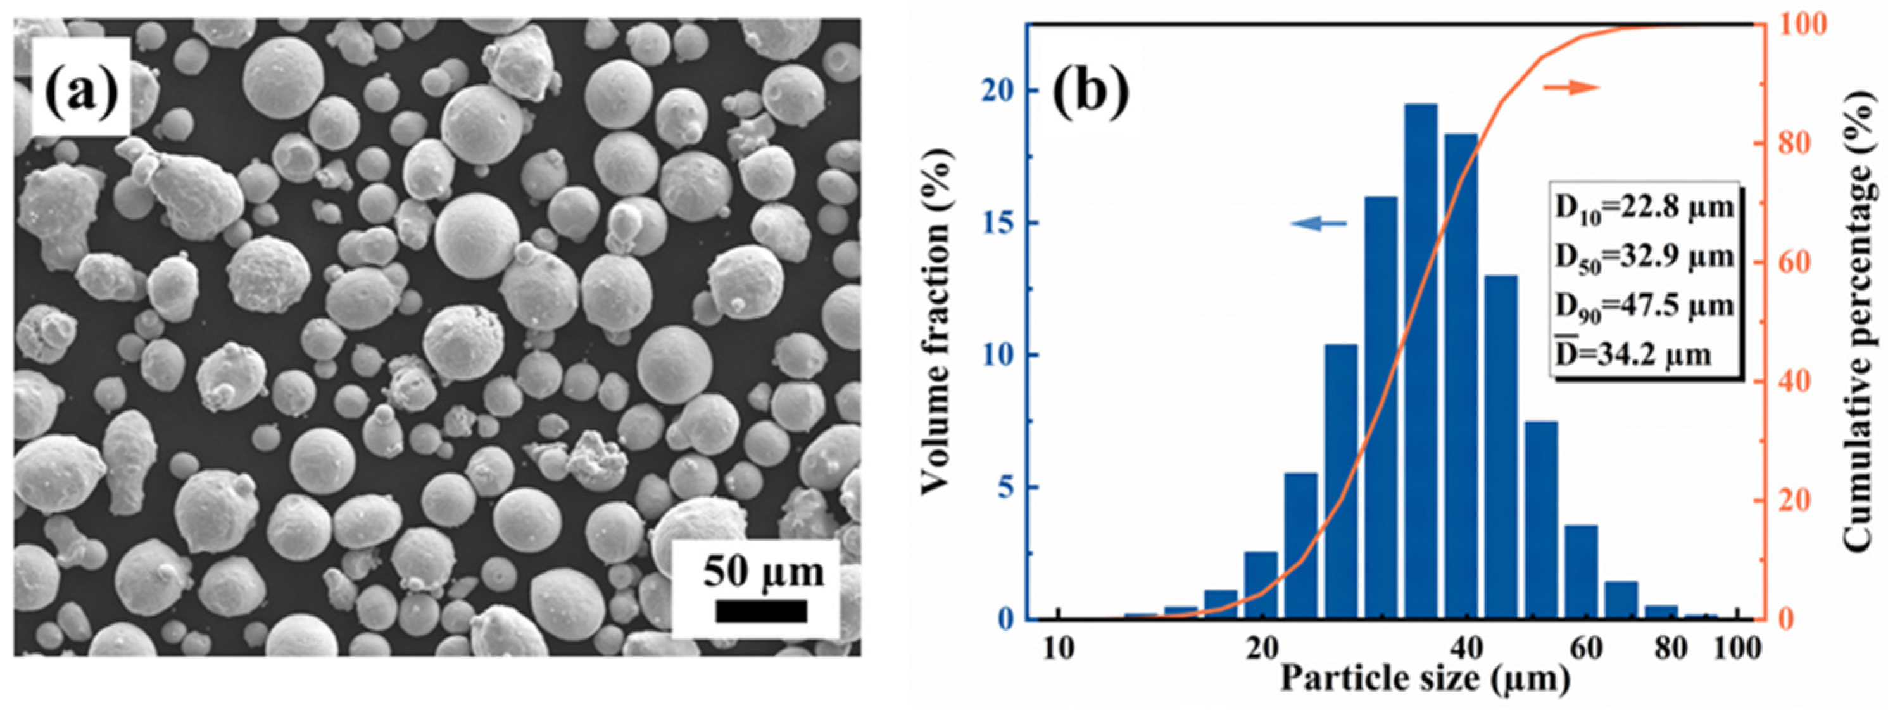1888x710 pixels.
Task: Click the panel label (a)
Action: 81,88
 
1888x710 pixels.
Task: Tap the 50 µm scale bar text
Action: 763,571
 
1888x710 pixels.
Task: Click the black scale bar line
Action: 762,611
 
